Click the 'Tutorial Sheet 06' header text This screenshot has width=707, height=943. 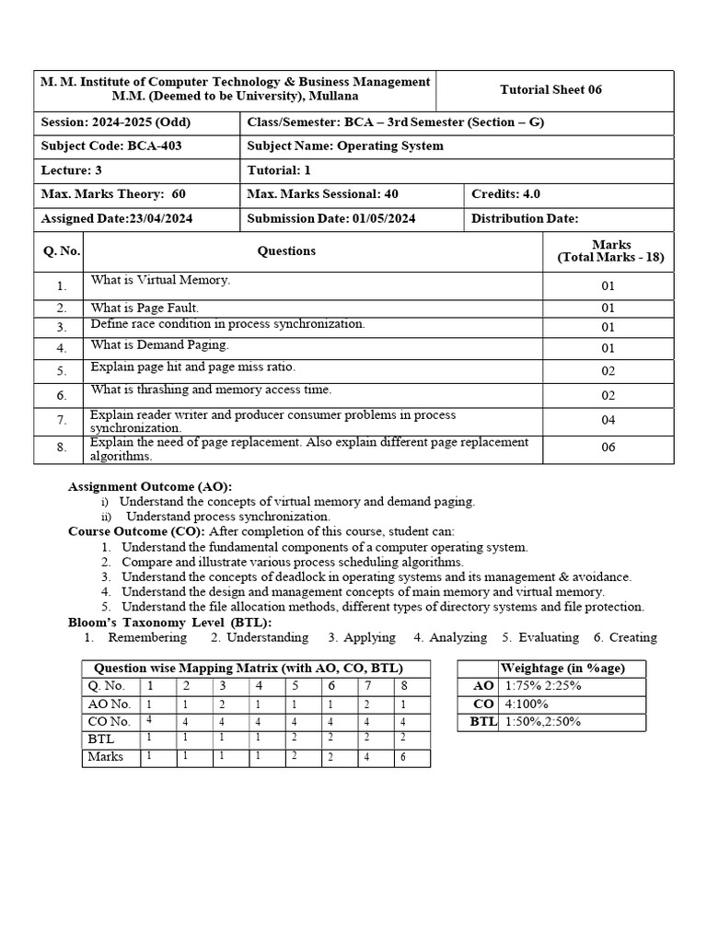click(551, 89)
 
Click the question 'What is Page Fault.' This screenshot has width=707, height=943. click(145, 308)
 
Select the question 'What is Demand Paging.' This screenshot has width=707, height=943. click(159, 345)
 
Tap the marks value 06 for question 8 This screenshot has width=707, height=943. click(608, 448)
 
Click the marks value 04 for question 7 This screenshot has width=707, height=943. click(608, 421)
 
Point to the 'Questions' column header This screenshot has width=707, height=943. click(286, 250)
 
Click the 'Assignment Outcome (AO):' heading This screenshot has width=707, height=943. click(150, 486)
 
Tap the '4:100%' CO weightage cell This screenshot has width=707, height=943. click(526, 704)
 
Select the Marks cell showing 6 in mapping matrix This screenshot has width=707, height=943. click(403, 757)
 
